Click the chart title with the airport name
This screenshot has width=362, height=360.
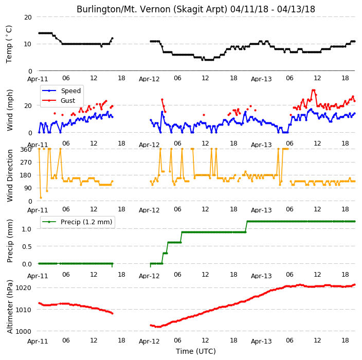[x=196, y=9]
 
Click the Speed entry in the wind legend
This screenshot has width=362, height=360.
[x=61, y=91]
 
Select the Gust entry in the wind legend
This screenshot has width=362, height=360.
[x=59, y=100]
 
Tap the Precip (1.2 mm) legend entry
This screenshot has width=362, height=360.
[x=77, y=222]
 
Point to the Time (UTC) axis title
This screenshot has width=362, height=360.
[x=196, y=351]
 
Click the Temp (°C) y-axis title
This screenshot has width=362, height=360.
[x=9, y=44]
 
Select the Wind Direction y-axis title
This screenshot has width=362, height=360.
[x=10, y=175]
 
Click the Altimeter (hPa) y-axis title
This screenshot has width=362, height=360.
[x=10, y=307]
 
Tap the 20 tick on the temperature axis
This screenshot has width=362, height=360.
[x=28, y=17]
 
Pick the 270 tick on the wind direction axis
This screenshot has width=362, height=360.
[x=26, y=163]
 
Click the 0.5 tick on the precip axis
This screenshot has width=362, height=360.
[x=27, y=247]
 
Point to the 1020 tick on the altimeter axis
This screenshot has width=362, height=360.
[x=24, y=287]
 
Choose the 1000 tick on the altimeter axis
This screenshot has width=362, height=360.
[x=24, y=331]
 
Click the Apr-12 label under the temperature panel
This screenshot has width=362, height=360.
[x=149, y=79]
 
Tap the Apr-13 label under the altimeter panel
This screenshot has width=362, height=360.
[x=261, y=341]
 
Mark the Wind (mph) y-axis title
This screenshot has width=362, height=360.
[x=10, y=111]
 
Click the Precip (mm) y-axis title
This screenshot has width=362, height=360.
[x=10, y=241]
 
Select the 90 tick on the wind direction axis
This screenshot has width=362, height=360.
[x=28, y=188]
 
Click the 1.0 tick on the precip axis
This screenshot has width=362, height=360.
[x=27, y=229]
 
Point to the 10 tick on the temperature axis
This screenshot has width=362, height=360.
[x=28, y=44]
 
